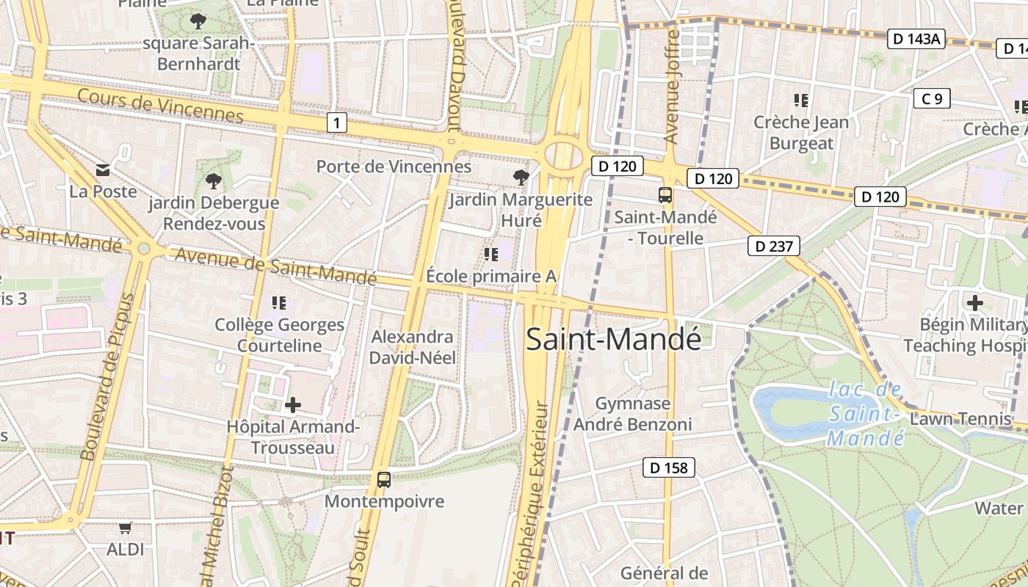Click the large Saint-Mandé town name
coord(613,339)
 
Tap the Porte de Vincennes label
coord(394,167)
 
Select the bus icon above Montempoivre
coord(383,480)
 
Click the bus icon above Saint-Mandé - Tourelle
coord(665,195)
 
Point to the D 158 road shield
coord(669,467)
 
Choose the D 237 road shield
coord(774,246)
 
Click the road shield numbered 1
coord(336,123)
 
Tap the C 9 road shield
coord(932,98)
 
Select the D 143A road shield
coord(915,39)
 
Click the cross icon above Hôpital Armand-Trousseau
coord(293,404)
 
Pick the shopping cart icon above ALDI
coord(126,528)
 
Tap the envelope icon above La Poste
coord(103,170)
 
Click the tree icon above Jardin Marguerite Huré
coord(521,177)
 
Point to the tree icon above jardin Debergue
coord(214,181)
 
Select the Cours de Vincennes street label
coord(159,106)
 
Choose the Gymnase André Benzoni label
coord(632,414)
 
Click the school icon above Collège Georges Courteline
coord(278,302)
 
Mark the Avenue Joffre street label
coord(671,87)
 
